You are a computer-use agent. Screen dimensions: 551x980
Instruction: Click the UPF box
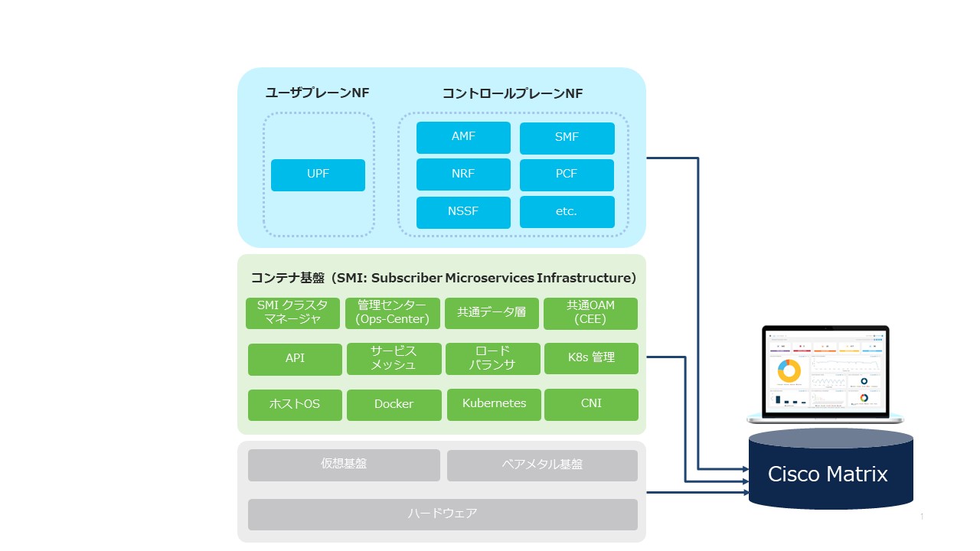point(318,174)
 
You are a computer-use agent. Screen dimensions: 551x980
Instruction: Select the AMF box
point(463,137)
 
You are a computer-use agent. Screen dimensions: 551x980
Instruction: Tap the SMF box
point(567,138)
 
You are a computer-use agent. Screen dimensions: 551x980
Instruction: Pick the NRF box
point(463,174)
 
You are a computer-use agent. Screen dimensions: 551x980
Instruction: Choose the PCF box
point(567,174)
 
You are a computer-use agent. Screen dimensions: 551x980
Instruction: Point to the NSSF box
point(463,212)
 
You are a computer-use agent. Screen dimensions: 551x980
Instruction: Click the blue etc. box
point(567,212)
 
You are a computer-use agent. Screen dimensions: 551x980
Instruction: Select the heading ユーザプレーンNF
point(317,93)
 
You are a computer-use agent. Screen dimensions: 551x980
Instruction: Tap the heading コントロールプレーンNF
point(512,93)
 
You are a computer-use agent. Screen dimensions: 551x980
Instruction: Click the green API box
point(295,359)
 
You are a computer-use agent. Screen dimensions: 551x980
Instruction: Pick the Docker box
point(394,405)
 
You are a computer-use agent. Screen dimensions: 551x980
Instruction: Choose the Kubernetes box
point(494,404)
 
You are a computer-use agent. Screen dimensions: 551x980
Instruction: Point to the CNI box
point(591,404)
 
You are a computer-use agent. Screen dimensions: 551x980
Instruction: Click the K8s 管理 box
point(591,358)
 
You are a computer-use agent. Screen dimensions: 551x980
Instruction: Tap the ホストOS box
point(295,405)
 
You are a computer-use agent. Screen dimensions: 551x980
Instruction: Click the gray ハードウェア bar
point(443,514)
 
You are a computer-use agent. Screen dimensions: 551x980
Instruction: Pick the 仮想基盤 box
point(344,465)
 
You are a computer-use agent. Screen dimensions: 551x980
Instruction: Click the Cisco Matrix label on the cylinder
point(828,474)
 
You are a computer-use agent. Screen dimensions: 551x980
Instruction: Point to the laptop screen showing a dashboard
point(825,370)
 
